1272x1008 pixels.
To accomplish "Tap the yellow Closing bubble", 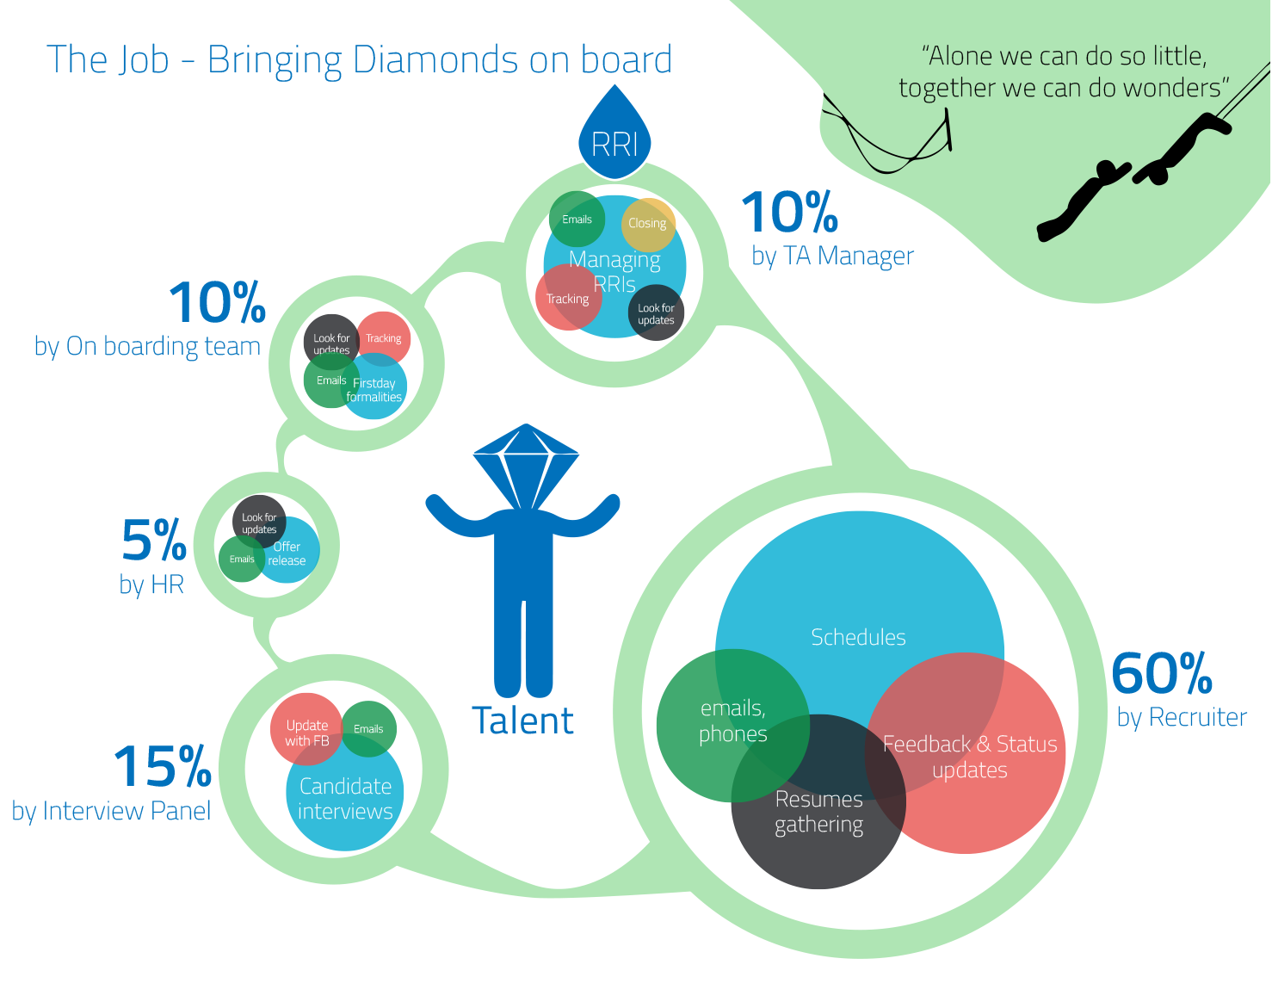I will [647, 224].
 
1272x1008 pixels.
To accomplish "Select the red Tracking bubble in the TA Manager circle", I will [567, 299].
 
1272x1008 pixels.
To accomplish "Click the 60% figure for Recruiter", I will [1161, 673].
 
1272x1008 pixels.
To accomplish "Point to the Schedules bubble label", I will [858, 638].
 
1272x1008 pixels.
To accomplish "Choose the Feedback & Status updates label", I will [970, 757].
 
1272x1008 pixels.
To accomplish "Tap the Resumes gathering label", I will [818, 812].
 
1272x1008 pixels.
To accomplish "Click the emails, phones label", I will [732, 721].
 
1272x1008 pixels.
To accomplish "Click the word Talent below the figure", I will [522, 721].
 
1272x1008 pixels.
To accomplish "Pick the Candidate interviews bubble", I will [345, 799].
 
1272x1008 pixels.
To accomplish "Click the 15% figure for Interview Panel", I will [163, 767].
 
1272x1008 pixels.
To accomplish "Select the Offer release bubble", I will [287, 553].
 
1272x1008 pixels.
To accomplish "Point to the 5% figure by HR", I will [154, 541].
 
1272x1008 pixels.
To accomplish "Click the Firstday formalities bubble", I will [374, 391].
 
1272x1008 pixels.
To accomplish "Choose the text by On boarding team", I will [147, 346].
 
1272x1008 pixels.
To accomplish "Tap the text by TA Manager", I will [832, 256].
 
